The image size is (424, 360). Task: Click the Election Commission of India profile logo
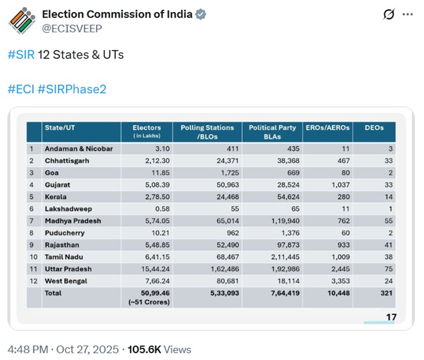pos(21,21)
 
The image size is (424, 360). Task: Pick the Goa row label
pos(52,173)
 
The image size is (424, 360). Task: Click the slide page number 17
pos(391,316)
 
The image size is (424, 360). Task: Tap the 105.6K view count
pos(143,350)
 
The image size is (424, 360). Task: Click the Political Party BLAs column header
pos(272,131)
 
